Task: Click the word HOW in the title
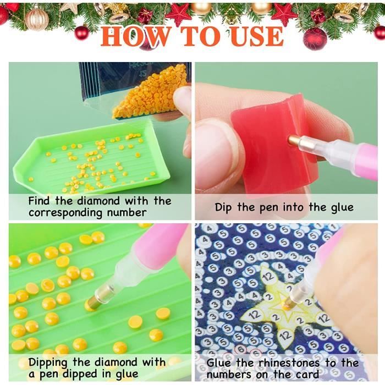(x=135, y=36)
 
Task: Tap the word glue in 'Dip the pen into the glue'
(x=342, y=207)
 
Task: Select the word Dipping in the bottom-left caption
(x=48, y=363)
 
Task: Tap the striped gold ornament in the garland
(x=37, y=18)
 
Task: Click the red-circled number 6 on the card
(x=241, y=350)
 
